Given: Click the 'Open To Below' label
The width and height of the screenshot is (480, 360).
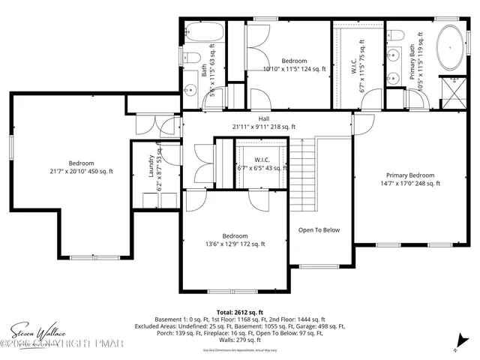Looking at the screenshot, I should point(319,230).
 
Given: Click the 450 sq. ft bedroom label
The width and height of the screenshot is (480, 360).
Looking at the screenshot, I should point(81,167).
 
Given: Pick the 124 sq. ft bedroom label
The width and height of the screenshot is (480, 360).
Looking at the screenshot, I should point(294,65).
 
